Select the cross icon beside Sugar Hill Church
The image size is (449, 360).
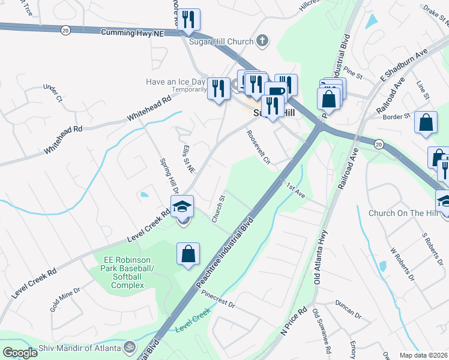click(261, 41)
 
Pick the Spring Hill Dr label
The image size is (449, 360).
click(166, 175)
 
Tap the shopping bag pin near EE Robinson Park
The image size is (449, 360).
click(188, 254)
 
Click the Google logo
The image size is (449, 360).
click(20, 352)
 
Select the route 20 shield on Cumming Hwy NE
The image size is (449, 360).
click(65, 29)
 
